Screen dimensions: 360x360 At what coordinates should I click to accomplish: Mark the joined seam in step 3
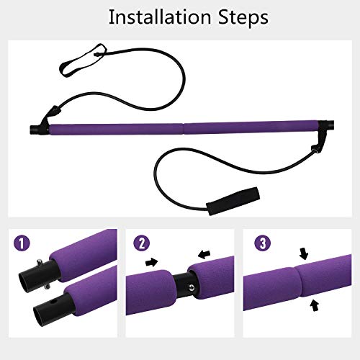302,288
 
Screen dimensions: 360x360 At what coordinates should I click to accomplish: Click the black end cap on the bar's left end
34,130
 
